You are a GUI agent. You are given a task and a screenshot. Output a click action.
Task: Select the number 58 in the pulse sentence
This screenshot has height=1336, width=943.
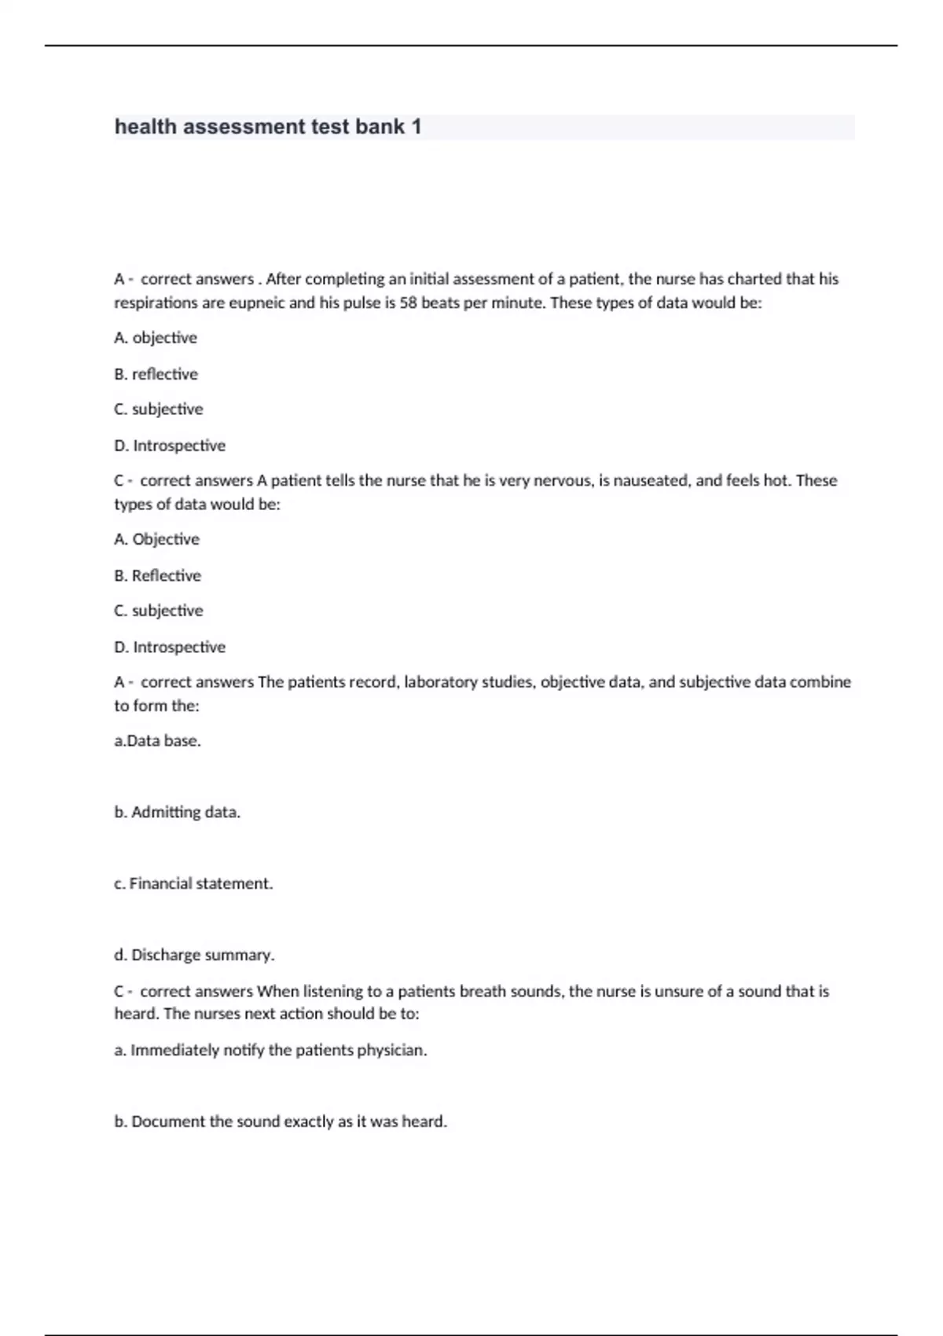[409, 303]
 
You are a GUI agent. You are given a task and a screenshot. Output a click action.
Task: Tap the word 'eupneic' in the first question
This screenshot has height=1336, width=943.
[256, 303]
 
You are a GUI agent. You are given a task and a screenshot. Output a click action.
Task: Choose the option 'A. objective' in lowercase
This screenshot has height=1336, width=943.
[156, 338]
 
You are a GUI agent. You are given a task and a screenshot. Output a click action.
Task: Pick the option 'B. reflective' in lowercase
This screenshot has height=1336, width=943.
[156, 374]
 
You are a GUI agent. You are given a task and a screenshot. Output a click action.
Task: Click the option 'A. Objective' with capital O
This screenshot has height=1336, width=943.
[156, 539]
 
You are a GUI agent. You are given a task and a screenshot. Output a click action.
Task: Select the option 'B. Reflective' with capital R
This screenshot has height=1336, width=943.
[157, 575]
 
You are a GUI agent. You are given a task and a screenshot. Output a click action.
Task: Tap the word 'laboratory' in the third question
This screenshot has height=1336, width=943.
[441, 682]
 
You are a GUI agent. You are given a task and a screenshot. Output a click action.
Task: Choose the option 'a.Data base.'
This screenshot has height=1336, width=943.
[157, 740]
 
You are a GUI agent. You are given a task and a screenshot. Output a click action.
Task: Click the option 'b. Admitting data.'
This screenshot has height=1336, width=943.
[177, 812]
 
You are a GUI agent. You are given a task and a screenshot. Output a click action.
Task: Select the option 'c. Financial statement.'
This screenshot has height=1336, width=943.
[193, 883]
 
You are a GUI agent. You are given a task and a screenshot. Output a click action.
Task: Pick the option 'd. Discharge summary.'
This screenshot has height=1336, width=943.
[194, 955]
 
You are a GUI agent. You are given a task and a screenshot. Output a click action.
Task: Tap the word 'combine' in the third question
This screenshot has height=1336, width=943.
[820, 682]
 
